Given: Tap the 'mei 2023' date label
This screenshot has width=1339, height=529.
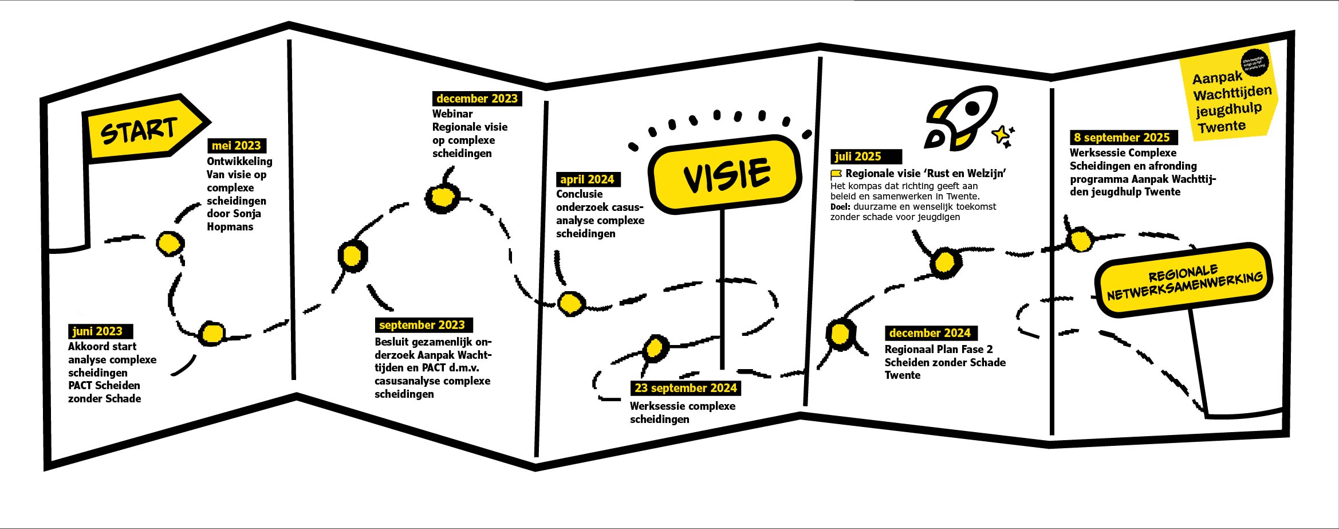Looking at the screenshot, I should (237, 146).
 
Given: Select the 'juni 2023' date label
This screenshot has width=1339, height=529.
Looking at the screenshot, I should (99, 331).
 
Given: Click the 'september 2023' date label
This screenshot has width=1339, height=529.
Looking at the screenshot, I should (423, 325).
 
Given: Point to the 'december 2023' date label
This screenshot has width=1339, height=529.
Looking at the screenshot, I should (477, 99).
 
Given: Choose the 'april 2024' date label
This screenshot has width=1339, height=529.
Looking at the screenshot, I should (588, 179).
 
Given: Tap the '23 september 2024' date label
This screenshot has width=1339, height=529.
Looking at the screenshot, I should (686, 388).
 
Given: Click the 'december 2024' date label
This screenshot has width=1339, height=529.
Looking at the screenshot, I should (930, 333).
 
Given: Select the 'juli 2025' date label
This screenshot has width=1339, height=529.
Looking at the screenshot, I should (858, 156).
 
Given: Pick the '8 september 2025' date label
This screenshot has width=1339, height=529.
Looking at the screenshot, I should (1122, 138).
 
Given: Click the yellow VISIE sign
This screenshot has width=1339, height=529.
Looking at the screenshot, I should (725, 174).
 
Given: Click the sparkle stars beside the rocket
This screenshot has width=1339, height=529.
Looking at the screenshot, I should (1003, 136).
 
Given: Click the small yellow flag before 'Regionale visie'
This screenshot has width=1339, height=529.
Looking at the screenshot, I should (836, 174).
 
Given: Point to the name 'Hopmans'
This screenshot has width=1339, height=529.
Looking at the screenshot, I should (230, 227).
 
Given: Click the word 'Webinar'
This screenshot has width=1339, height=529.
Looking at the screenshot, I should (452, 114).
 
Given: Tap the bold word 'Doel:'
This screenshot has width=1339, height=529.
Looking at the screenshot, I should (840, 207).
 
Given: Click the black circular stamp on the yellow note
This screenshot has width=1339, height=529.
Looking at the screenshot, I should (1254, 62).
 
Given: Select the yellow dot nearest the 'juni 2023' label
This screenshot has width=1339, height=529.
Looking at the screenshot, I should (212, 333).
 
